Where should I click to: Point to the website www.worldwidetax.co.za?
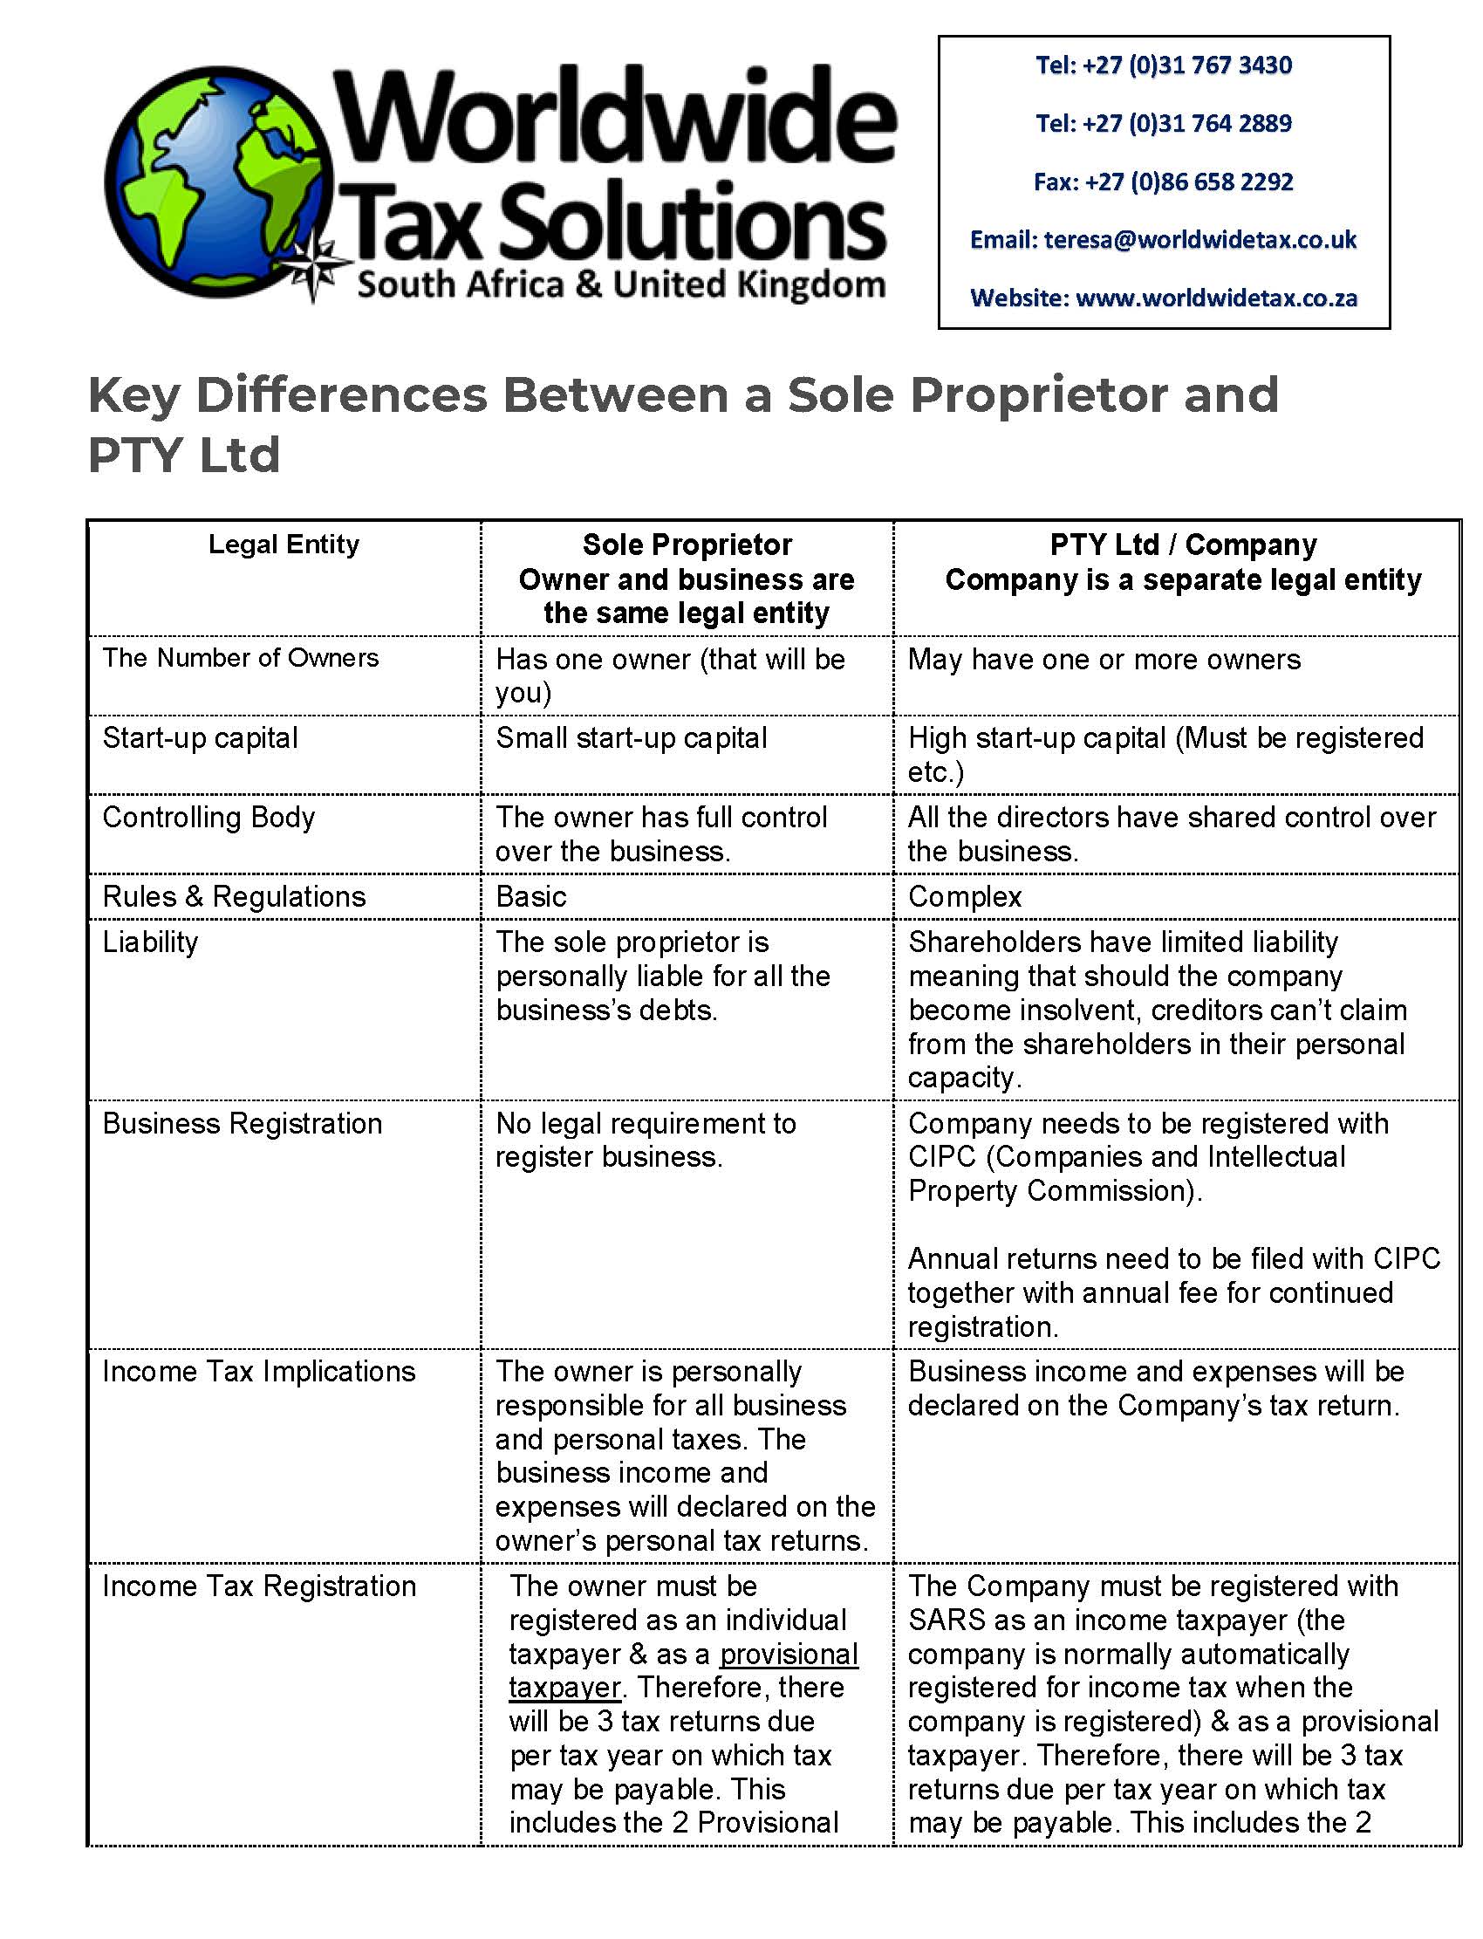coord(1216,298)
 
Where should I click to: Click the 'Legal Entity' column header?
coord(284,545)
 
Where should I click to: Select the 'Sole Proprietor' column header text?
coord(687,545)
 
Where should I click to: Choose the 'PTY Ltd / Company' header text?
coord(1183,545)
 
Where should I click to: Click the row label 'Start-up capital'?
coord(201,737)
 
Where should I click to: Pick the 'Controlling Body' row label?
coord(208,817)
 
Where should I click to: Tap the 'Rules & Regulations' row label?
coord(234,896)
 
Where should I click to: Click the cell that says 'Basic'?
coord(530,896)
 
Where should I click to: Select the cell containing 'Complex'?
coord(964,896)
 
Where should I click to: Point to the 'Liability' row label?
coord(150,942)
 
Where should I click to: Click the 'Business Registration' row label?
coord(242,1123)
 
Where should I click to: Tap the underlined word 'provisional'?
coord(789,1654)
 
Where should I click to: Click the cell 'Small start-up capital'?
coord(632,737)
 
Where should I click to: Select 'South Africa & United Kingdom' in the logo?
coord(620,285)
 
